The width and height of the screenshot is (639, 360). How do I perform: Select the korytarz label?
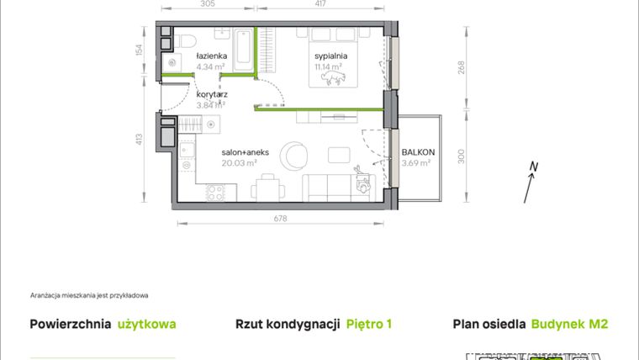(x=211, y=95)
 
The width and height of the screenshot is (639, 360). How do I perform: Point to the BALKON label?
(x=417, y=152)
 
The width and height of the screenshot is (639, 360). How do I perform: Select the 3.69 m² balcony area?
(x=417, y=163)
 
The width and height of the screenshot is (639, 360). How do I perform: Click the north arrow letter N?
(x=533, y=167)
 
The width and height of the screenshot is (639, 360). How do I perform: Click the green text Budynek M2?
(x=569, y=324)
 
